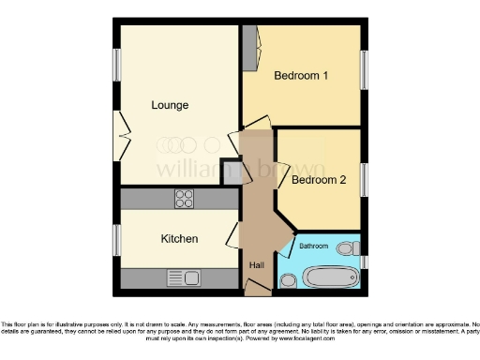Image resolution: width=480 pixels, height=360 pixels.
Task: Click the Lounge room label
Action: (x=170, y=105)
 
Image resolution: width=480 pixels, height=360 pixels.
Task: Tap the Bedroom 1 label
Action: (x=300, y=76)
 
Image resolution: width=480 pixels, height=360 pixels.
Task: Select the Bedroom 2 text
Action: (x=320, y=179)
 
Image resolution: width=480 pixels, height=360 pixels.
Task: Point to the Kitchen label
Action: (x=179, y=238)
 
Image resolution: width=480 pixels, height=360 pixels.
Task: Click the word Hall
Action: (x=256, y=265)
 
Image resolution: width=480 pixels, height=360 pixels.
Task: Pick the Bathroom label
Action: (x=314, y=246)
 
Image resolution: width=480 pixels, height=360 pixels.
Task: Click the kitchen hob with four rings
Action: (x=184, y=199)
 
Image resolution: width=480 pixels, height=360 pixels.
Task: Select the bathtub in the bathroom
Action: (x=329, y=278)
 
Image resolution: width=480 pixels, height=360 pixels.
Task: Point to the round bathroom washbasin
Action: (x=289, y=279)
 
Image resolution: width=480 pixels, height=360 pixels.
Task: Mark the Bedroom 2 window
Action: (x=364, y=178)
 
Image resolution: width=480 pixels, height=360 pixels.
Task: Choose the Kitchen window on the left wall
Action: (x=117, y=240)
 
